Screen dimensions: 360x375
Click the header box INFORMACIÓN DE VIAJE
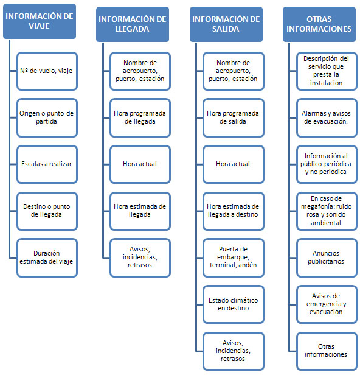(40, 21)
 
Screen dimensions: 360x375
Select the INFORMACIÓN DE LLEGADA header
(133, 24)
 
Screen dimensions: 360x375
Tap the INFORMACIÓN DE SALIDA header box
(226, 24)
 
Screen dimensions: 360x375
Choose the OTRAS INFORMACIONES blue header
(319, 24)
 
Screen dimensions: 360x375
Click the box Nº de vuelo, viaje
(47, 71)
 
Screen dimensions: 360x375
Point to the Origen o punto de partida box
(47, 117)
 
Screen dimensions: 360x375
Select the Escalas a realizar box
(47, 164)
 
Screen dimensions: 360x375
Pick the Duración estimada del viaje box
(47, 258)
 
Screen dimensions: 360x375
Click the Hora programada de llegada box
(140, 117)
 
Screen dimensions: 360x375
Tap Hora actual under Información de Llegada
(140, 164)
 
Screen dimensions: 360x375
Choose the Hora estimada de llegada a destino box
(234, 211)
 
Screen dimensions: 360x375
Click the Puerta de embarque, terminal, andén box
(234, 258)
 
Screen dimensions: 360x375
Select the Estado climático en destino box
(234, 304)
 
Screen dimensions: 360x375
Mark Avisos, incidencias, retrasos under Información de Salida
(234, 351)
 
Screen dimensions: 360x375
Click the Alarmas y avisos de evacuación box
(327, 117)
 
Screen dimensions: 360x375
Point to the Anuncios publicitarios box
(327, 258)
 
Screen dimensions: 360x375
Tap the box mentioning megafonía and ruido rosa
(327, 211)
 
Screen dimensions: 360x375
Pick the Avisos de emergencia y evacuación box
(327, 304)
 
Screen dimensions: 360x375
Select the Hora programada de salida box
(234, 117)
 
